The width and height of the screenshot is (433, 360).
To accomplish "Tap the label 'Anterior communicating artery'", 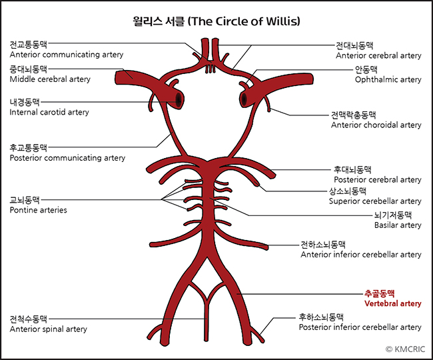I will (66, 55).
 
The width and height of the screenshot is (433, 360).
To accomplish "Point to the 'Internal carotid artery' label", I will (49, 112).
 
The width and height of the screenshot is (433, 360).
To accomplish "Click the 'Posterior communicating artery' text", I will (67, 158).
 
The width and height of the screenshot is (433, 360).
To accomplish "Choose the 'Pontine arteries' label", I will (38, 210).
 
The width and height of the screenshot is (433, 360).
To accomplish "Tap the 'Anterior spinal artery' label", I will (48, 329).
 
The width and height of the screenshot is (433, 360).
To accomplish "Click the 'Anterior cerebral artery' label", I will (378, 56).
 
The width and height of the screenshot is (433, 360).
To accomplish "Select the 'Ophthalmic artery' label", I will (388, 79).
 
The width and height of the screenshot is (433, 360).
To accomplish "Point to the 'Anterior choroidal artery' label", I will (376, 125).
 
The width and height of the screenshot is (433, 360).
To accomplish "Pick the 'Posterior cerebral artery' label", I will (377, 179).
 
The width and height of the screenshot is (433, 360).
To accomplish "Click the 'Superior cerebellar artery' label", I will (375, 201).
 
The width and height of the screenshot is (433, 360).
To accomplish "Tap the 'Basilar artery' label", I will (397, 225).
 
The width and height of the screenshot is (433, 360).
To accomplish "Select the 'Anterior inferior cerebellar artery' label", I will (361, 254).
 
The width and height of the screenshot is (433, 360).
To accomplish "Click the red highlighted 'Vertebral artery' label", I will (392, 303).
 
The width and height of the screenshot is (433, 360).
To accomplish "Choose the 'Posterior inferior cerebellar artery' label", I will (360, 327).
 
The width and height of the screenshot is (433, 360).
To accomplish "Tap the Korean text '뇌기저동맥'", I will (393, 215).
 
